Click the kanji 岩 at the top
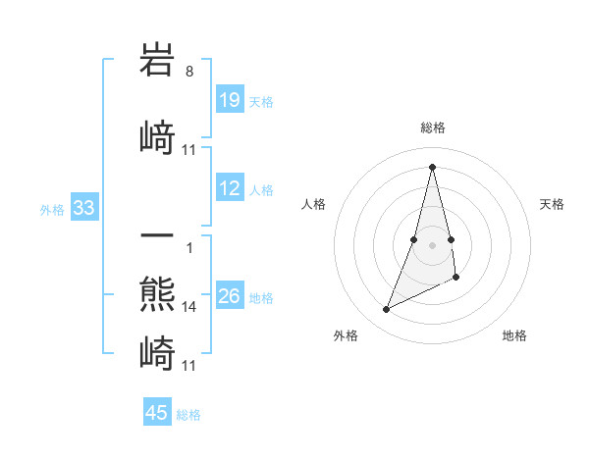click(x=157, y=60)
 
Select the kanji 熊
click(x=157, y=294)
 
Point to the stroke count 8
click(x=189, y=72)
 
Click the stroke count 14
click(x=189, y=307)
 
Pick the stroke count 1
click(x=189, y=248)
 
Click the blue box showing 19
click(x=230, y=100)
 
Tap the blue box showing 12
click(x=230, y=188)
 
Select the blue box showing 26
click(x=230, y=296)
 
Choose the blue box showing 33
click(x=83, y=208)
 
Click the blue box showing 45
click(x=157, y=413)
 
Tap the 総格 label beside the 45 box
click(x=188, y=415)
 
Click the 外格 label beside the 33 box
click(x=51, y=209)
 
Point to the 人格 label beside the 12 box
click(x=261, y=189)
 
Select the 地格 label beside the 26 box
click(x=261, y=297)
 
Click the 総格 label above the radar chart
click(x=433, y=128)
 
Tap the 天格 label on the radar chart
click(x=553, y=204)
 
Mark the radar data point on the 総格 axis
click(x=433, y=166)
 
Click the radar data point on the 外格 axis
click(x=387, y=310)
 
